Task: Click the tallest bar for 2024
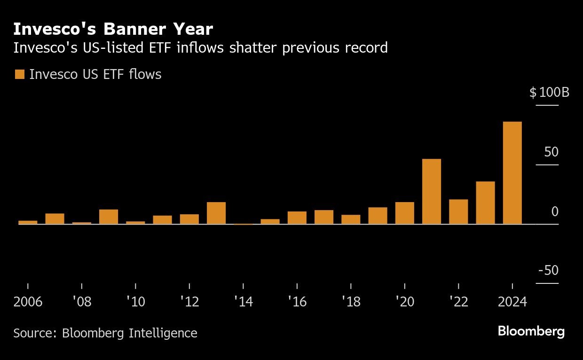[x=512, y=173]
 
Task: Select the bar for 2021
[x=432, y=192]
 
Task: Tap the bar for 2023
[x=485, y=203]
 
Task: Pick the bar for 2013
[x=216, y=213]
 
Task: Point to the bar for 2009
[x=109, y=217]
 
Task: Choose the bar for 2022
[x=458, y=212]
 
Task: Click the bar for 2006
[x=28, y=222]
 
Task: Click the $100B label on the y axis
[x=549, y=93]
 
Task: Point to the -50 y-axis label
[x=548, y=271]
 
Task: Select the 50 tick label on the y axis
[x=551, y=152]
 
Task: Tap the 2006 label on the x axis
[x=28, y=302]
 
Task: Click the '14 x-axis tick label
[x=243, y=302]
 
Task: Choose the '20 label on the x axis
[x=405, y=302]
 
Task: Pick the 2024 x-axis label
[x=512, y=302]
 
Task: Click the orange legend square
[x=20, y=74]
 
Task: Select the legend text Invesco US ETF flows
[x=95, y=74]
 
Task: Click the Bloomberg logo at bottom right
[x=531, y=331]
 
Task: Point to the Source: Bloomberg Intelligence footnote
[x=105, y=333]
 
